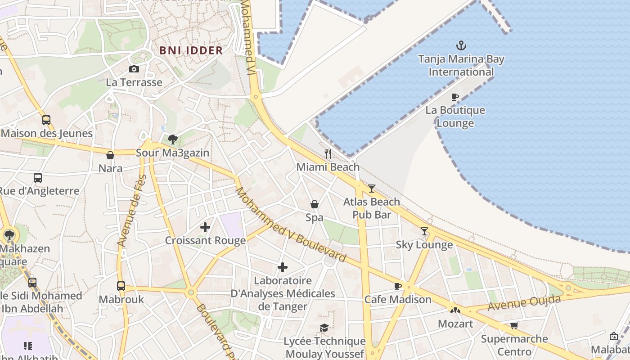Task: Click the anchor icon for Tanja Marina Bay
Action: pos(461,45)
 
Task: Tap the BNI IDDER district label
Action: pos(191,50)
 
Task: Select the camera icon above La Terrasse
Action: pos(134,69)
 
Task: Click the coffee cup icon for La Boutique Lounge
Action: pos(455,97)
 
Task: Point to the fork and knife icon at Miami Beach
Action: pos(328,154)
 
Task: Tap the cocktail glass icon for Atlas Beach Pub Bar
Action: pos(371,189)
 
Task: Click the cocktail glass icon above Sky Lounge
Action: pos(424,231)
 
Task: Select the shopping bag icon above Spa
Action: pos(315,204)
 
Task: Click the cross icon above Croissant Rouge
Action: pos(205,227)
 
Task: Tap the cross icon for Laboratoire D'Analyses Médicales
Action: pos(282,267)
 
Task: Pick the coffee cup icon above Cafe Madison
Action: pos(397,286)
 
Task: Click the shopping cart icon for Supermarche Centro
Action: pos(514,325)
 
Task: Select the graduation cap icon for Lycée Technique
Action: pos(324,328)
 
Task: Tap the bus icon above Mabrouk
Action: pos(121,286)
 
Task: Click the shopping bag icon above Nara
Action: pos(110,155)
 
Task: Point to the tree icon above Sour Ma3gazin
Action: pos(172,139)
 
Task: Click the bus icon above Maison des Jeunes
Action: pos(46,120)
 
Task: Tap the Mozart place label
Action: pos(455,324)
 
